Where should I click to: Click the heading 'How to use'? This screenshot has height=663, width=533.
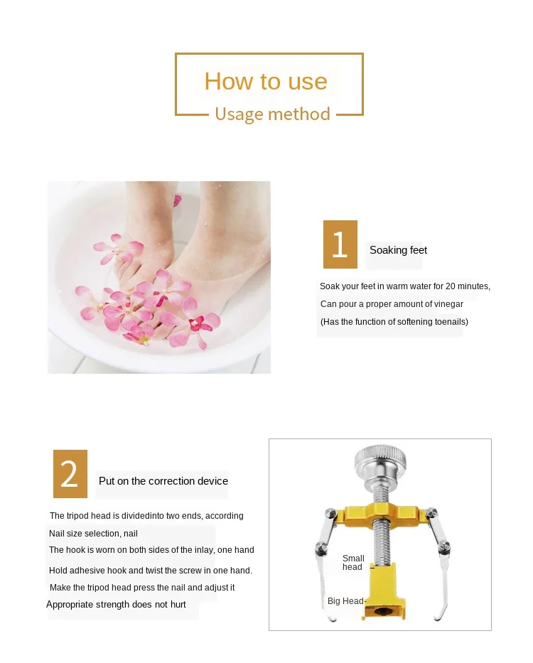(266, 81)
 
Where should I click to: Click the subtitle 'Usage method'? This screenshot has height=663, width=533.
(272, 114)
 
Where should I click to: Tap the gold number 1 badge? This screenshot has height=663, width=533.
(340, 244)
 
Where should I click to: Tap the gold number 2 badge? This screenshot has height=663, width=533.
(70, 473)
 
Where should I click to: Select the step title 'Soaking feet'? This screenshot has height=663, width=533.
(398, 250)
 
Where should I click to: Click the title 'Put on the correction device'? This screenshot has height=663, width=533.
(163, 481)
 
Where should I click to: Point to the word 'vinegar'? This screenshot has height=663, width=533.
(448, 304)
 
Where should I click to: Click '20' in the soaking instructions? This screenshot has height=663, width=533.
(450, 286)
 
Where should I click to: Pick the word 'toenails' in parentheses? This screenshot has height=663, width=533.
(450, 322)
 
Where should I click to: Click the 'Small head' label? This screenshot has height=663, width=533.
(352, 563)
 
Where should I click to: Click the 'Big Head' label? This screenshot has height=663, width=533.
(345, 601)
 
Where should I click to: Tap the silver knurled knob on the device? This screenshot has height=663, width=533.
(380, 460)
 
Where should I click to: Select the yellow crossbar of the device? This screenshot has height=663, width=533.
(380, 514)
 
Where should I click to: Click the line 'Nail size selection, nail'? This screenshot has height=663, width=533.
(93, 534)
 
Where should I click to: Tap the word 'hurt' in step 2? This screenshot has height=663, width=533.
(178, 605)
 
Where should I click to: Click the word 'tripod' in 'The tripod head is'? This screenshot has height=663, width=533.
(77, 516)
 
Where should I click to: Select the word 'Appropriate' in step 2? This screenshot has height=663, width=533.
(70, 605)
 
